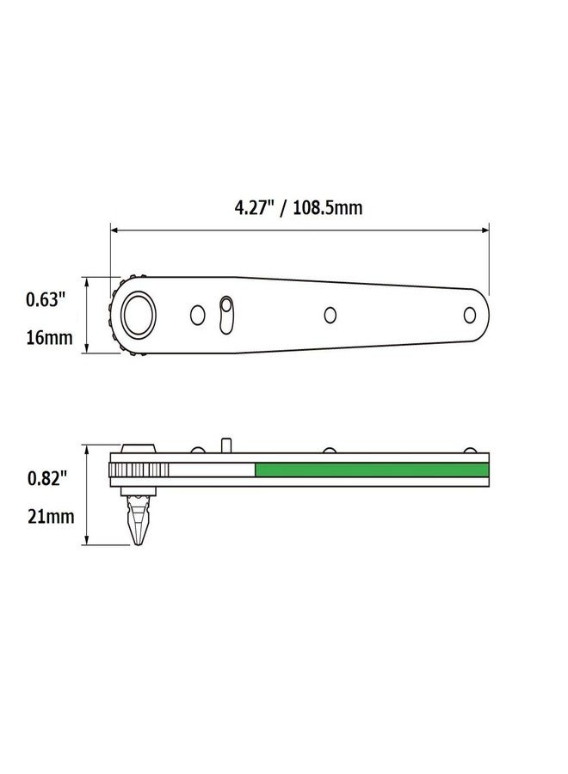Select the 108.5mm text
[327, 207]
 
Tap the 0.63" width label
[46, 299]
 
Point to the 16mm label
[48, 337]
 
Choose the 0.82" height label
[46, 479]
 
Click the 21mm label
[48, 517]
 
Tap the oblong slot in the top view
[226, 315]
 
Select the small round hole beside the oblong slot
[198, 316]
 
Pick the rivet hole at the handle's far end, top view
[470, 315]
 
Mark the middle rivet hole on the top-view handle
[330, 315]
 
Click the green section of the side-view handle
[370, 470]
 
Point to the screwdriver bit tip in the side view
[137, 538]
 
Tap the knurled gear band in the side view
[138, 470]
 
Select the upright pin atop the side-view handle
[225, 445]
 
